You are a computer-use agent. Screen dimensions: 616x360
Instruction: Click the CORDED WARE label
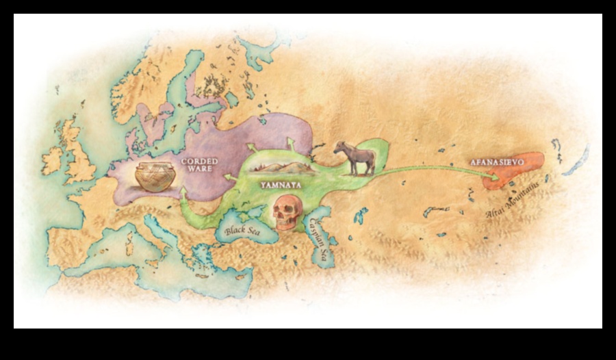pos(199,165)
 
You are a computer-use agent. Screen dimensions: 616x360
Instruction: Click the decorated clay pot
pos(155,175)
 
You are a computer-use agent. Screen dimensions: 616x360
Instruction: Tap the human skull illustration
pos(286,211)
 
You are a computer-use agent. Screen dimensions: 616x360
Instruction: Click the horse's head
pos(339,148)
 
